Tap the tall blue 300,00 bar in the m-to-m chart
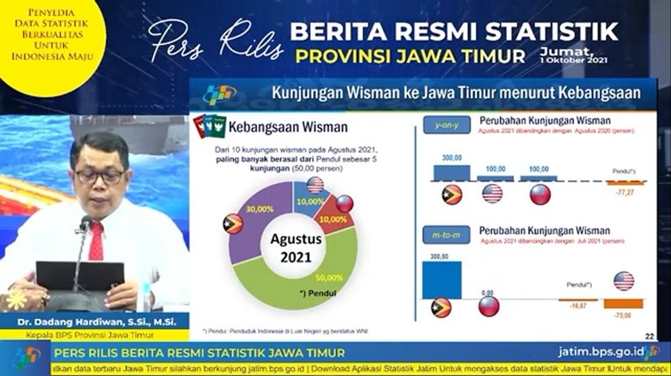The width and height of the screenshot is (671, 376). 442,280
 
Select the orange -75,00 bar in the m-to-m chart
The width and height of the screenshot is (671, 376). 623,303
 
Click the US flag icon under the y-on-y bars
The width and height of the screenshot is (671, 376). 493,194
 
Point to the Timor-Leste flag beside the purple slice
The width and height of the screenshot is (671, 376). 233,224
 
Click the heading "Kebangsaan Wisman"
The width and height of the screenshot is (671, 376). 288,127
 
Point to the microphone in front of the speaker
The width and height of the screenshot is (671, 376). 86,225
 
